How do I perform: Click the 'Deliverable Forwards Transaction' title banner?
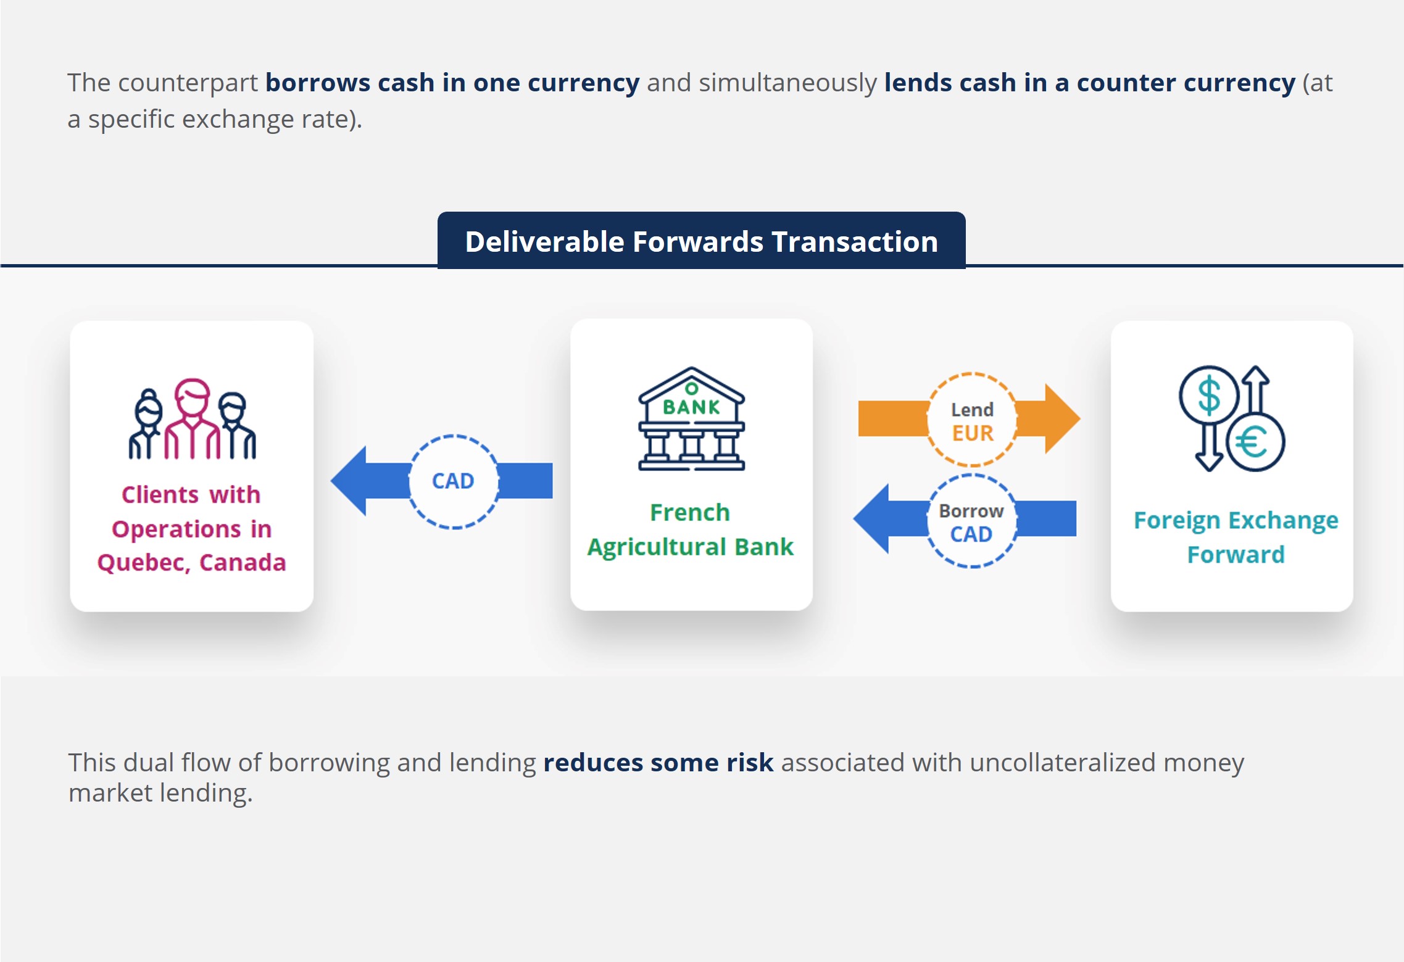click(x=701, y=241)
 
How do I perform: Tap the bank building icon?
click(x=691, y=419)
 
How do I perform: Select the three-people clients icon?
click(x=192, y=419)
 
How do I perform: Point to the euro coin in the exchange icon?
click(x=1255, y=442)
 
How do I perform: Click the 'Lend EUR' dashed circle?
click(x=972, y=420)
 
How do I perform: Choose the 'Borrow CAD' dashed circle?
click(x=972, y=521)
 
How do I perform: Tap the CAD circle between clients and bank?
click(x=454, y=481)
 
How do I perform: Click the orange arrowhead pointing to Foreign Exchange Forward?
click(x=1062, y=418)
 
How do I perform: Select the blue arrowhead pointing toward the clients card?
click(x=349, y=481)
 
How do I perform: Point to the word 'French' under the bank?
click(x=690, y=512)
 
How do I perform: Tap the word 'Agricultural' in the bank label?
click(x=656, y=547)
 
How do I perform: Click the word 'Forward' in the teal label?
click(x=1236, y=554)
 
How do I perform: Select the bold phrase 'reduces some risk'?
click(x=658, y=763)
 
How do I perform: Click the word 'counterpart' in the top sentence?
click(x=188, y=83)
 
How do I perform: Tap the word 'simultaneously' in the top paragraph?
click(x=787, y=83)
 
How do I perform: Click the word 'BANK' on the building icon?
click(x=691, y=407)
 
